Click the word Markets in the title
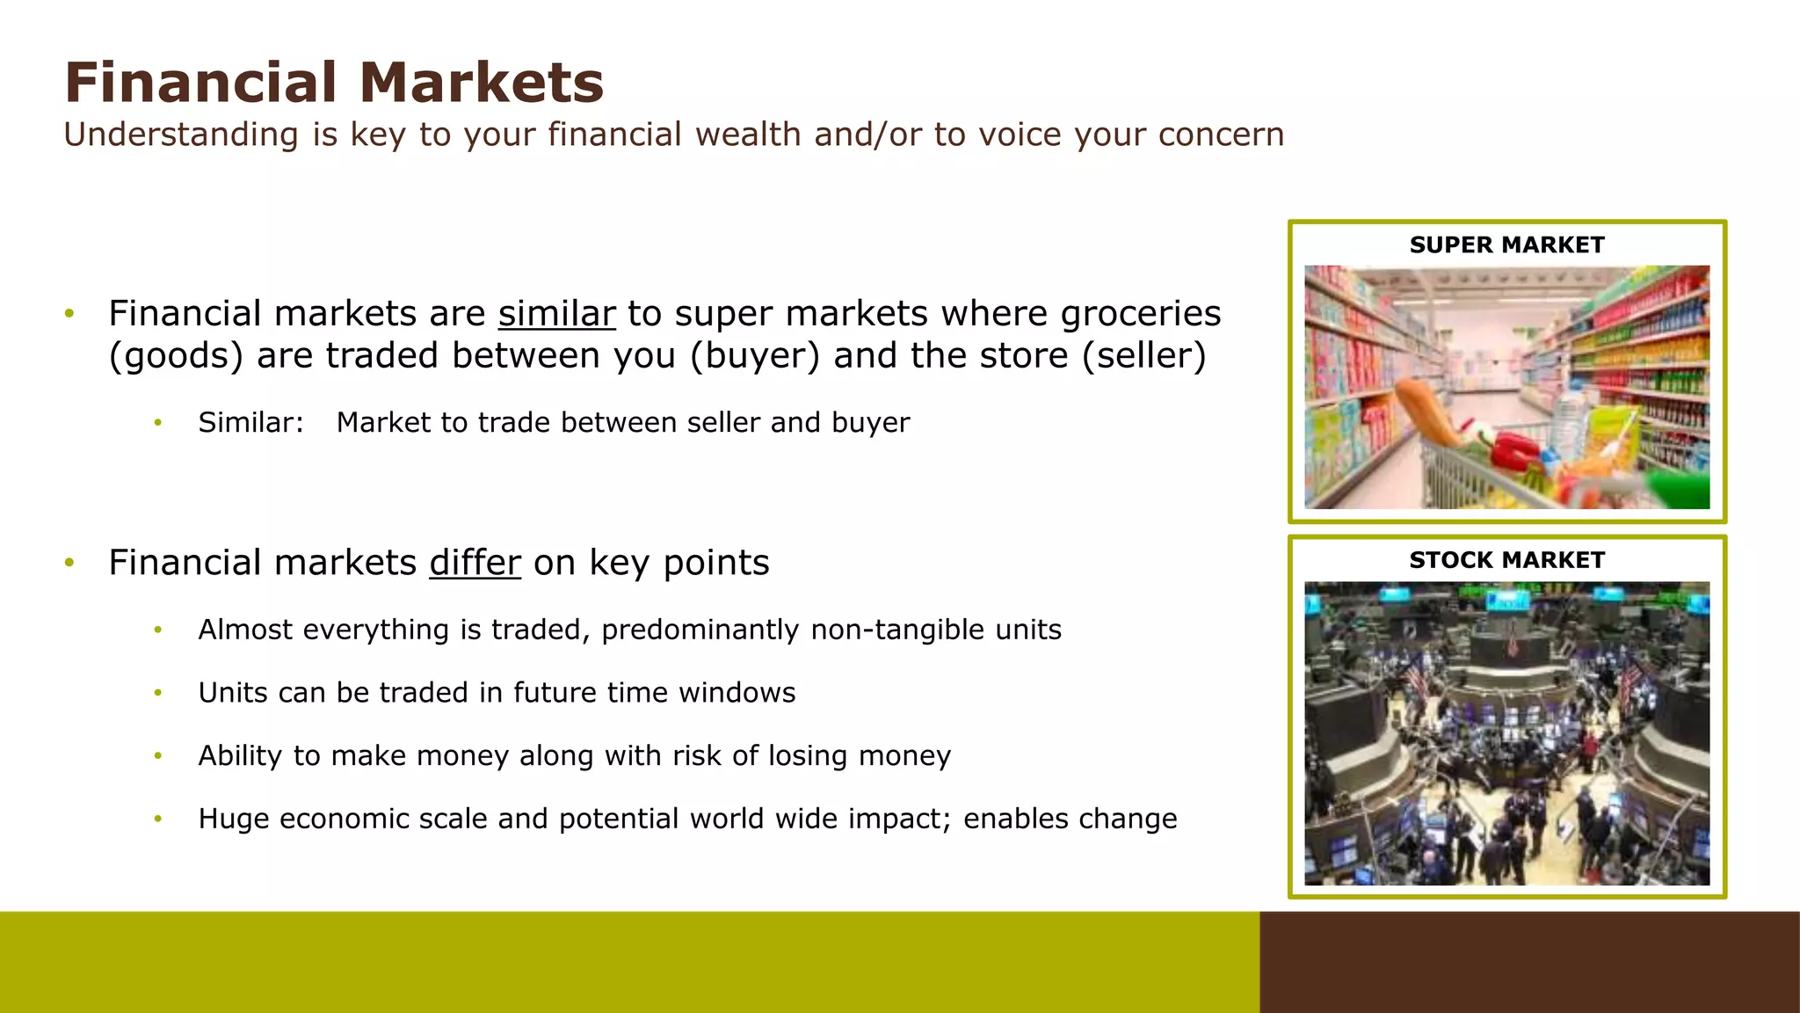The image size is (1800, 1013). point(481,83)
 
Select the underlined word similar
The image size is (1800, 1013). point(556,314)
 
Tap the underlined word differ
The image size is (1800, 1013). point(475,563)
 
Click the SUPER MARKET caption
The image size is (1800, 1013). point(1506,245)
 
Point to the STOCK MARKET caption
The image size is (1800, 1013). point(1506,560)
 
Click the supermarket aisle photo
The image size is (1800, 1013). point(1506,387)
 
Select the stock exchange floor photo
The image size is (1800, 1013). point(1506,733)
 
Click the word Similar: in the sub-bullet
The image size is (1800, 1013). point(250,423)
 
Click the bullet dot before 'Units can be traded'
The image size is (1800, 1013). point(158,693)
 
